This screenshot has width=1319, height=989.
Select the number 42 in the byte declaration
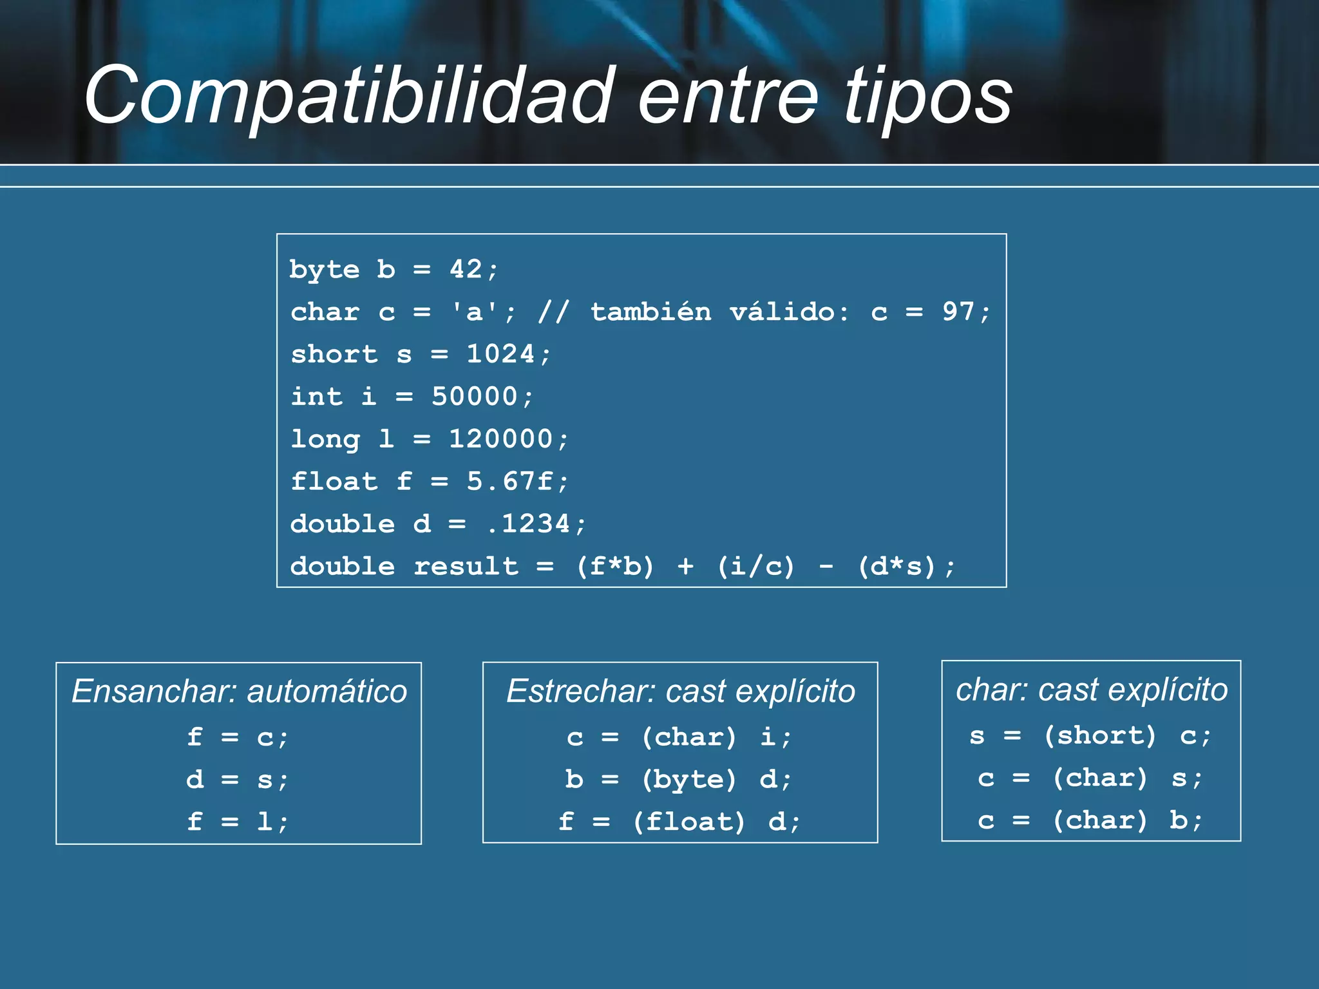tap(466, 269)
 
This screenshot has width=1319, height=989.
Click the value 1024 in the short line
tap(500, 354)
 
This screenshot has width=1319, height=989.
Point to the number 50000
tap(474, 397)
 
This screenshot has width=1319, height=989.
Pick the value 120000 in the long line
tap(500, 439)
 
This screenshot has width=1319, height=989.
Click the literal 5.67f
tap(509, 482)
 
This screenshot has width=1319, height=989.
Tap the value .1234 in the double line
tap(528, 524)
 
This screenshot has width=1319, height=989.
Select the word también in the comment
tap(651, 312)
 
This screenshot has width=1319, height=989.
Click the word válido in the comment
tap(783, 312)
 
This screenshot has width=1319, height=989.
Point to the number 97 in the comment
tap(958, 312)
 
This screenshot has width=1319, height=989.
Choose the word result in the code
tap(466, 567)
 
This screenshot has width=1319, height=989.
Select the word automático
tap(327, 692)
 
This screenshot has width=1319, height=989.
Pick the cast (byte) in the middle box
tap(688, 780)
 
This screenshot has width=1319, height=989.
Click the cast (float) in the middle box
tap(688, 822)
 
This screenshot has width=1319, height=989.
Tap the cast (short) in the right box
tap(1100, 735)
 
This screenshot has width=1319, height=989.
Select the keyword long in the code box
tap(325, 439)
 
